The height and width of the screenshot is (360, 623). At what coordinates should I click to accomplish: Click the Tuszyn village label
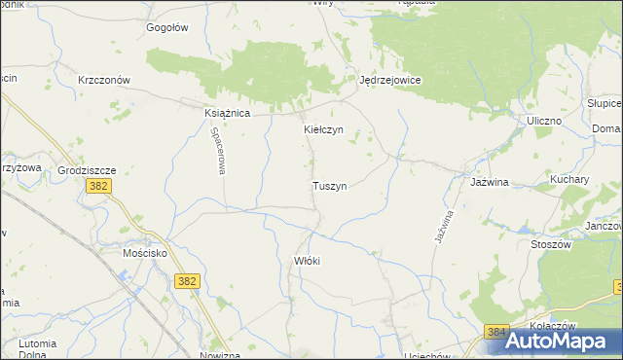330,185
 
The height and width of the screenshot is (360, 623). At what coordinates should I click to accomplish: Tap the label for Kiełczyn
323,129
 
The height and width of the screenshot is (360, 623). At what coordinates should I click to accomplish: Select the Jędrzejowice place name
389,81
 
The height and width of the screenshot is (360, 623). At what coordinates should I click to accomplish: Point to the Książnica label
228,113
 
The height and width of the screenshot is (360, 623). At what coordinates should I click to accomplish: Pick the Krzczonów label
104,80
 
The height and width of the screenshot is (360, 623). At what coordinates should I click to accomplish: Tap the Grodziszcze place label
87,169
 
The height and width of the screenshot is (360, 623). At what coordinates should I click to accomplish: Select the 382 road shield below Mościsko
189,281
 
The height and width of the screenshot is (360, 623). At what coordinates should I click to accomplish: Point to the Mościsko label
145,249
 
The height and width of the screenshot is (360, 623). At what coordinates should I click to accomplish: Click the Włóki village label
307,261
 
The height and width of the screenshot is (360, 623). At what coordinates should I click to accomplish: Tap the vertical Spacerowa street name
220,154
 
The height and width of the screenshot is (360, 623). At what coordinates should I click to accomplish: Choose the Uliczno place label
544,120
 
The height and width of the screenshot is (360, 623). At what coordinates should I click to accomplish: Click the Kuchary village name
569,180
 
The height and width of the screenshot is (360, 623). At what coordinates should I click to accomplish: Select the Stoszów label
551,244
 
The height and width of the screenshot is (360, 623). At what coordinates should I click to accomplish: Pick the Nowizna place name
219,355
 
